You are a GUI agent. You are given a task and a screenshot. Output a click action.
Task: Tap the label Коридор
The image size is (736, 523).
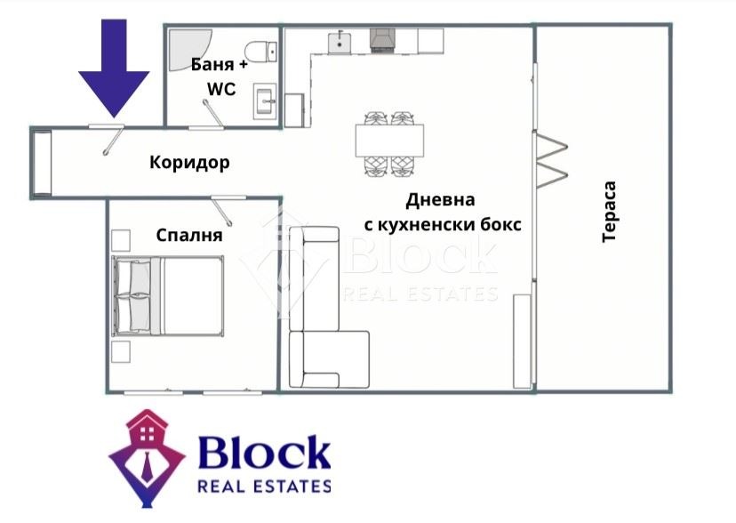(189, 163)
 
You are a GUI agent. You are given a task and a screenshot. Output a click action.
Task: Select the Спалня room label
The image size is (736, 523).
(188, 236)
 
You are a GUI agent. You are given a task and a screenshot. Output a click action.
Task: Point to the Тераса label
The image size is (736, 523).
(610, 213)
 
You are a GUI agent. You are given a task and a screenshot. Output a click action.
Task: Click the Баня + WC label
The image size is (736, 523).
(218, 76)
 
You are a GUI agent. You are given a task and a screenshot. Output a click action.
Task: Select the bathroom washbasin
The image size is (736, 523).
(264, 100)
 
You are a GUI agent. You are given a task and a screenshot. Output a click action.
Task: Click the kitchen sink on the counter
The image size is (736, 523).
(339, 41)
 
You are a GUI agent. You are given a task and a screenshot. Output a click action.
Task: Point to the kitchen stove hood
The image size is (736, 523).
(383, 39)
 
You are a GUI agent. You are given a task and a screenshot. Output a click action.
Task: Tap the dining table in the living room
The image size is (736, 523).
(389, 141)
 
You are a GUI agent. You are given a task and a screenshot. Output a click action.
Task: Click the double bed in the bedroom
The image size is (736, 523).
(168, 296)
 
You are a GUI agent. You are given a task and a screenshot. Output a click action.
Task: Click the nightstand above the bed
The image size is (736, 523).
(121, 240)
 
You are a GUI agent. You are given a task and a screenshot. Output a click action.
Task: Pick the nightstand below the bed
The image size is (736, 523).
(121, 352)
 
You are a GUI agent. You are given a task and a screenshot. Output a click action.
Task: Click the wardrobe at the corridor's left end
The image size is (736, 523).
(42, 163)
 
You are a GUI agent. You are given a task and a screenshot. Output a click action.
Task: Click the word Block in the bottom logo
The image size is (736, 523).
(263, 455)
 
